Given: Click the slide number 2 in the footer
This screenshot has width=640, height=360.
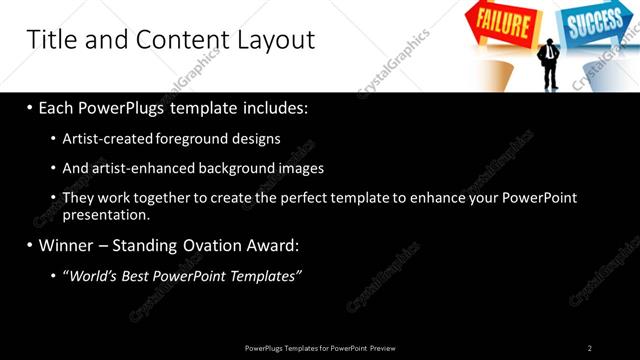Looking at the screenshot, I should pos(590,348).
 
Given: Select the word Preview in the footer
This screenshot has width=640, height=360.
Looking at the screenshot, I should pos(382,348).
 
